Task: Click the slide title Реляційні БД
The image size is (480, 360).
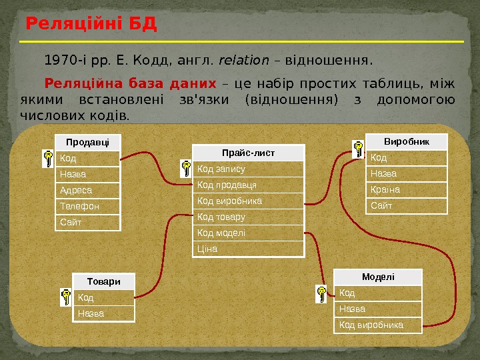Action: [x=91, y=25]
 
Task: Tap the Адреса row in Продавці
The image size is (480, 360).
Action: [x=88, y=191]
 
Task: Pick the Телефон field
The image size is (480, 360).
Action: [x=88, y=207]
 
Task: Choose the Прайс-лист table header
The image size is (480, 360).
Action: [x=248, y=153]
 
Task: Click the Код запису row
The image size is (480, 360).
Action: [x=248, y=169]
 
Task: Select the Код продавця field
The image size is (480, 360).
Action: [x=248, y=185]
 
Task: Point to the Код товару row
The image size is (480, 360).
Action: [x=248, y=217]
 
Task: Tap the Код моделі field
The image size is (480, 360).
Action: [x=248, y=233]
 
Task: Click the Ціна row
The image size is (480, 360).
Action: [x=248, y=249]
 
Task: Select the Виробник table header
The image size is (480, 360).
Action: [x=407, y=141]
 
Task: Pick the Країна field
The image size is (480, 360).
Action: [x=407, y=190]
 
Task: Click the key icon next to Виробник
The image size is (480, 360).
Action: [x=359, y=149]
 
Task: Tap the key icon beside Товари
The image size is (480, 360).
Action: [x=66, y=297]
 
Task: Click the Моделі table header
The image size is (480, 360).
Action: [x=378, y=277]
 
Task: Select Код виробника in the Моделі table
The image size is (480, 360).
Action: [x=378, y=325]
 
